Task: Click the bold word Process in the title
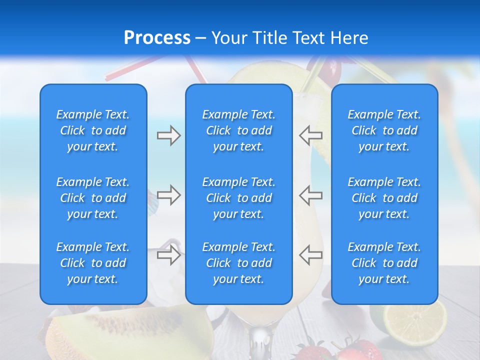point(157,38)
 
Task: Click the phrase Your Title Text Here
point(289,38)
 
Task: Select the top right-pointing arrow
point(168,135)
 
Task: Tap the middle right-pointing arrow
point(168,194)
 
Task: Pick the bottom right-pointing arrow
point(168,254)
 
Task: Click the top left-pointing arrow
point(310,135)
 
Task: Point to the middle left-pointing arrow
point(310,194)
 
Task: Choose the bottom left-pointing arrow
point(310,254)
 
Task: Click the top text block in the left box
point(93,130)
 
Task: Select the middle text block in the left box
point(93,198)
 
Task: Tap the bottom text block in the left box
point(93,263)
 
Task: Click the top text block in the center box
point(238,130)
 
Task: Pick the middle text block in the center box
point(238,198)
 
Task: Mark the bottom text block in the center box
point(238,263)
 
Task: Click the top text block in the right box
point(384,130)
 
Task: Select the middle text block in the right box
point(384,198)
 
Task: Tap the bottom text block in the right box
point(384,263)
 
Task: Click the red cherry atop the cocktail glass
point(331,70)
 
